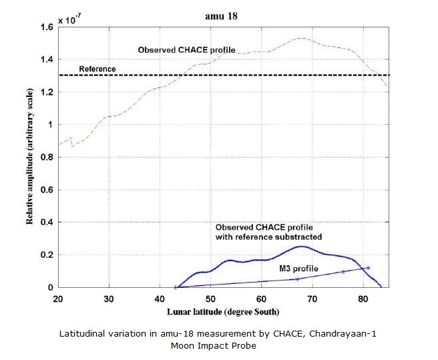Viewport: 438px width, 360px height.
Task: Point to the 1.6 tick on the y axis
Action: [45, 28]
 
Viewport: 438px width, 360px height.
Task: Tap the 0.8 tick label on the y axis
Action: [45, 158]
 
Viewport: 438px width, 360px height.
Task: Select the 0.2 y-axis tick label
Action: [45, 255]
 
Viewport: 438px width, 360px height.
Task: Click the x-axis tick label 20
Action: [57, 298]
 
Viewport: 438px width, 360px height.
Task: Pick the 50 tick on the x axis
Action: [210, 298]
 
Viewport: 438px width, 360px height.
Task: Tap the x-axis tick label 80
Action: [363, 298]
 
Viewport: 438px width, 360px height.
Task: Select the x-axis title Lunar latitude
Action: [224, 311]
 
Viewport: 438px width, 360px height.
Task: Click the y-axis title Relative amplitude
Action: [30, 157]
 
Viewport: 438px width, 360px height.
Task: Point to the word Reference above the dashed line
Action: [97, 69]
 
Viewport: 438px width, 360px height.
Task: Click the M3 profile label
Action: [298, 268]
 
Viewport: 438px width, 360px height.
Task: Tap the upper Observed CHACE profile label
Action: [186, 50]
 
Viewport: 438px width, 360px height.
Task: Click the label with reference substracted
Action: [269, 237]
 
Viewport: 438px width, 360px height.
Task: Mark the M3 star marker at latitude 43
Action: [175, 287]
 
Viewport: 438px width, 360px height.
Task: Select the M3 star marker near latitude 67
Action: [297, 279]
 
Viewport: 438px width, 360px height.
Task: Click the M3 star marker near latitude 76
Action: [343, 272]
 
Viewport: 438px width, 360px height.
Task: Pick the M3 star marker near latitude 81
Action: [368, 268]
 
